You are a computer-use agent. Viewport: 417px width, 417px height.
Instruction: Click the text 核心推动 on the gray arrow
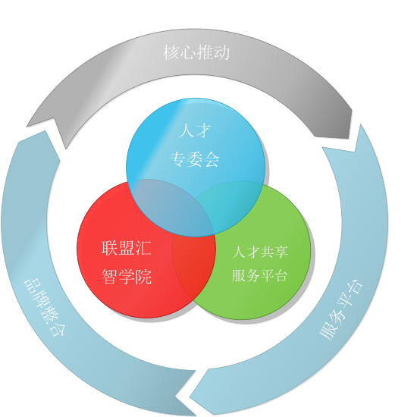point(196,52)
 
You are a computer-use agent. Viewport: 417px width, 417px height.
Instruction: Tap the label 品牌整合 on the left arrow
point(45,307)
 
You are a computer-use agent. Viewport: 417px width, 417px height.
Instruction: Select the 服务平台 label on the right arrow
point(341,310)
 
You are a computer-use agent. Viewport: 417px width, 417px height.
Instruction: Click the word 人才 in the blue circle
point(195,130)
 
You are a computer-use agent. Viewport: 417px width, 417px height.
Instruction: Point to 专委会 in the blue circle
point(195,159)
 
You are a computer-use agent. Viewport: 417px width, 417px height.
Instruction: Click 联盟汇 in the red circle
point(127,248)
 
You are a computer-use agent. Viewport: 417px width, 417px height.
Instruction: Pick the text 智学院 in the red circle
point(127,277)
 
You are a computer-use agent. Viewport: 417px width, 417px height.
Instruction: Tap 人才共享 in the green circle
point(260,252)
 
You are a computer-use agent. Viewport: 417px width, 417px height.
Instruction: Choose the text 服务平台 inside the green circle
point(260,275)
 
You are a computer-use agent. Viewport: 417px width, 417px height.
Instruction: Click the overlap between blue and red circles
point(170,205)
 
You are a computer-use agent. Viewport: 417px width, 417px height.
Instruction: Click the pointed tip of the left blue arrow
point(176,397)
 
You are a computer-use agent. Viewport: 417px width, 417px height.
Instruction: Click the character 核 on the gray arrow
point(171,52)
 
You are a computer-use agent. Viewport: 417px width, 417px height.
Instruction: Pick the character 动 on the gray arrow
point(221,52)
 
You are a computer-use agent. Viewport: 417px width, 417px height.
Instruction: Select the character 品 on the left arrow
point(31,285)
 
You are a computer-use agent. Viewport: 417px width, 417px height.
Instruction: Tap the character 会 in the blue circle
point(212,159)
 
